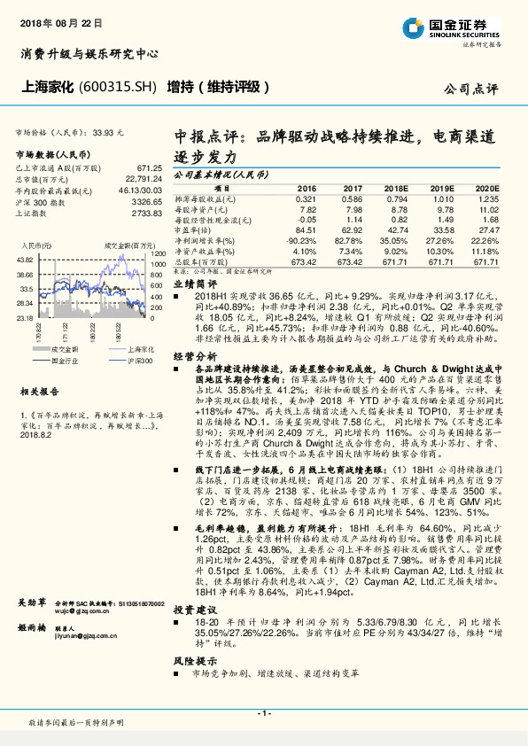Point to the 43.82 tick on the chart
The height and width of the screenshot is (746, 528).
click(24, 259)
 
